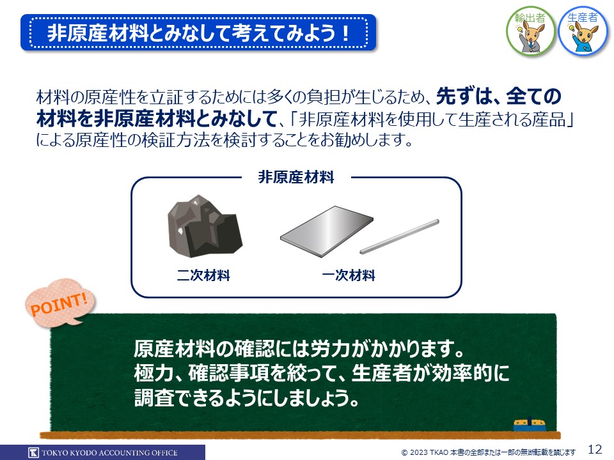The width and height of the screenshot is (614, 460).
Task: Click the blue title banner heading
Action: [198, 33]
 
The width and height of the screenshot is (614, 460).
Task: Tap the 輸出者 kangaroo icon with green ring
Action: [530, 31]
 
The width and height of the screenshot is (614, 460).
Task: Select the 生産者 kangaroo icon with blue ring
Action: [583, 31]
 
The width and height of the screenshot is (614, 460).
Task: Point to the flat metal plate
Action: [327, 231]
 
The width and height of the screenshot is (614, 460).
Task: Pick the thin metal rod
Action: [399, 236]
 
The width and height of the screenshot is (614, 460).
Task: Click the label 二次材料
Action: [203, 275]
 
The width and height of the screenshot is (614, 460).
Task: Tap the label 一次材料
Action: [349, 275]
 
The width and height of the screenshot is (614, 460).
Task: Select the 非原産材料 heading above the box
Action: [296, 177]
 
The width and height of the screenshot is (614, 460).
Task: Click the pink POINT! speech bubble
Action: [60, 303]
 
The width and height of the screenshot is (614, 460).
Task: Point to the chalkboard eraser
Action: [530, 425]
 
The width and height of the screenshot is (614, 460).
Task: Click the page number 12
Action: [595, 448]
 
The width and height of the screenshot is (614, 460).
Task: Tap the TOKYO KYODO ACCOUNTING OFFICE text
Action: [109, 452]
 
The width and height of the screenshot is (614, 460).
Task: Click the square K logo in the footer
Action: [34, 452]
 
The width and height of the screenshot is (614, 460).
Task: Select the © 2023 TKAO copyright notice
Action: [488, 452]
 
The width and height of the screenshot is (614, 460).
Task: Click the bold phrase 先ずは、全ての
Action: [498, 96]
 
